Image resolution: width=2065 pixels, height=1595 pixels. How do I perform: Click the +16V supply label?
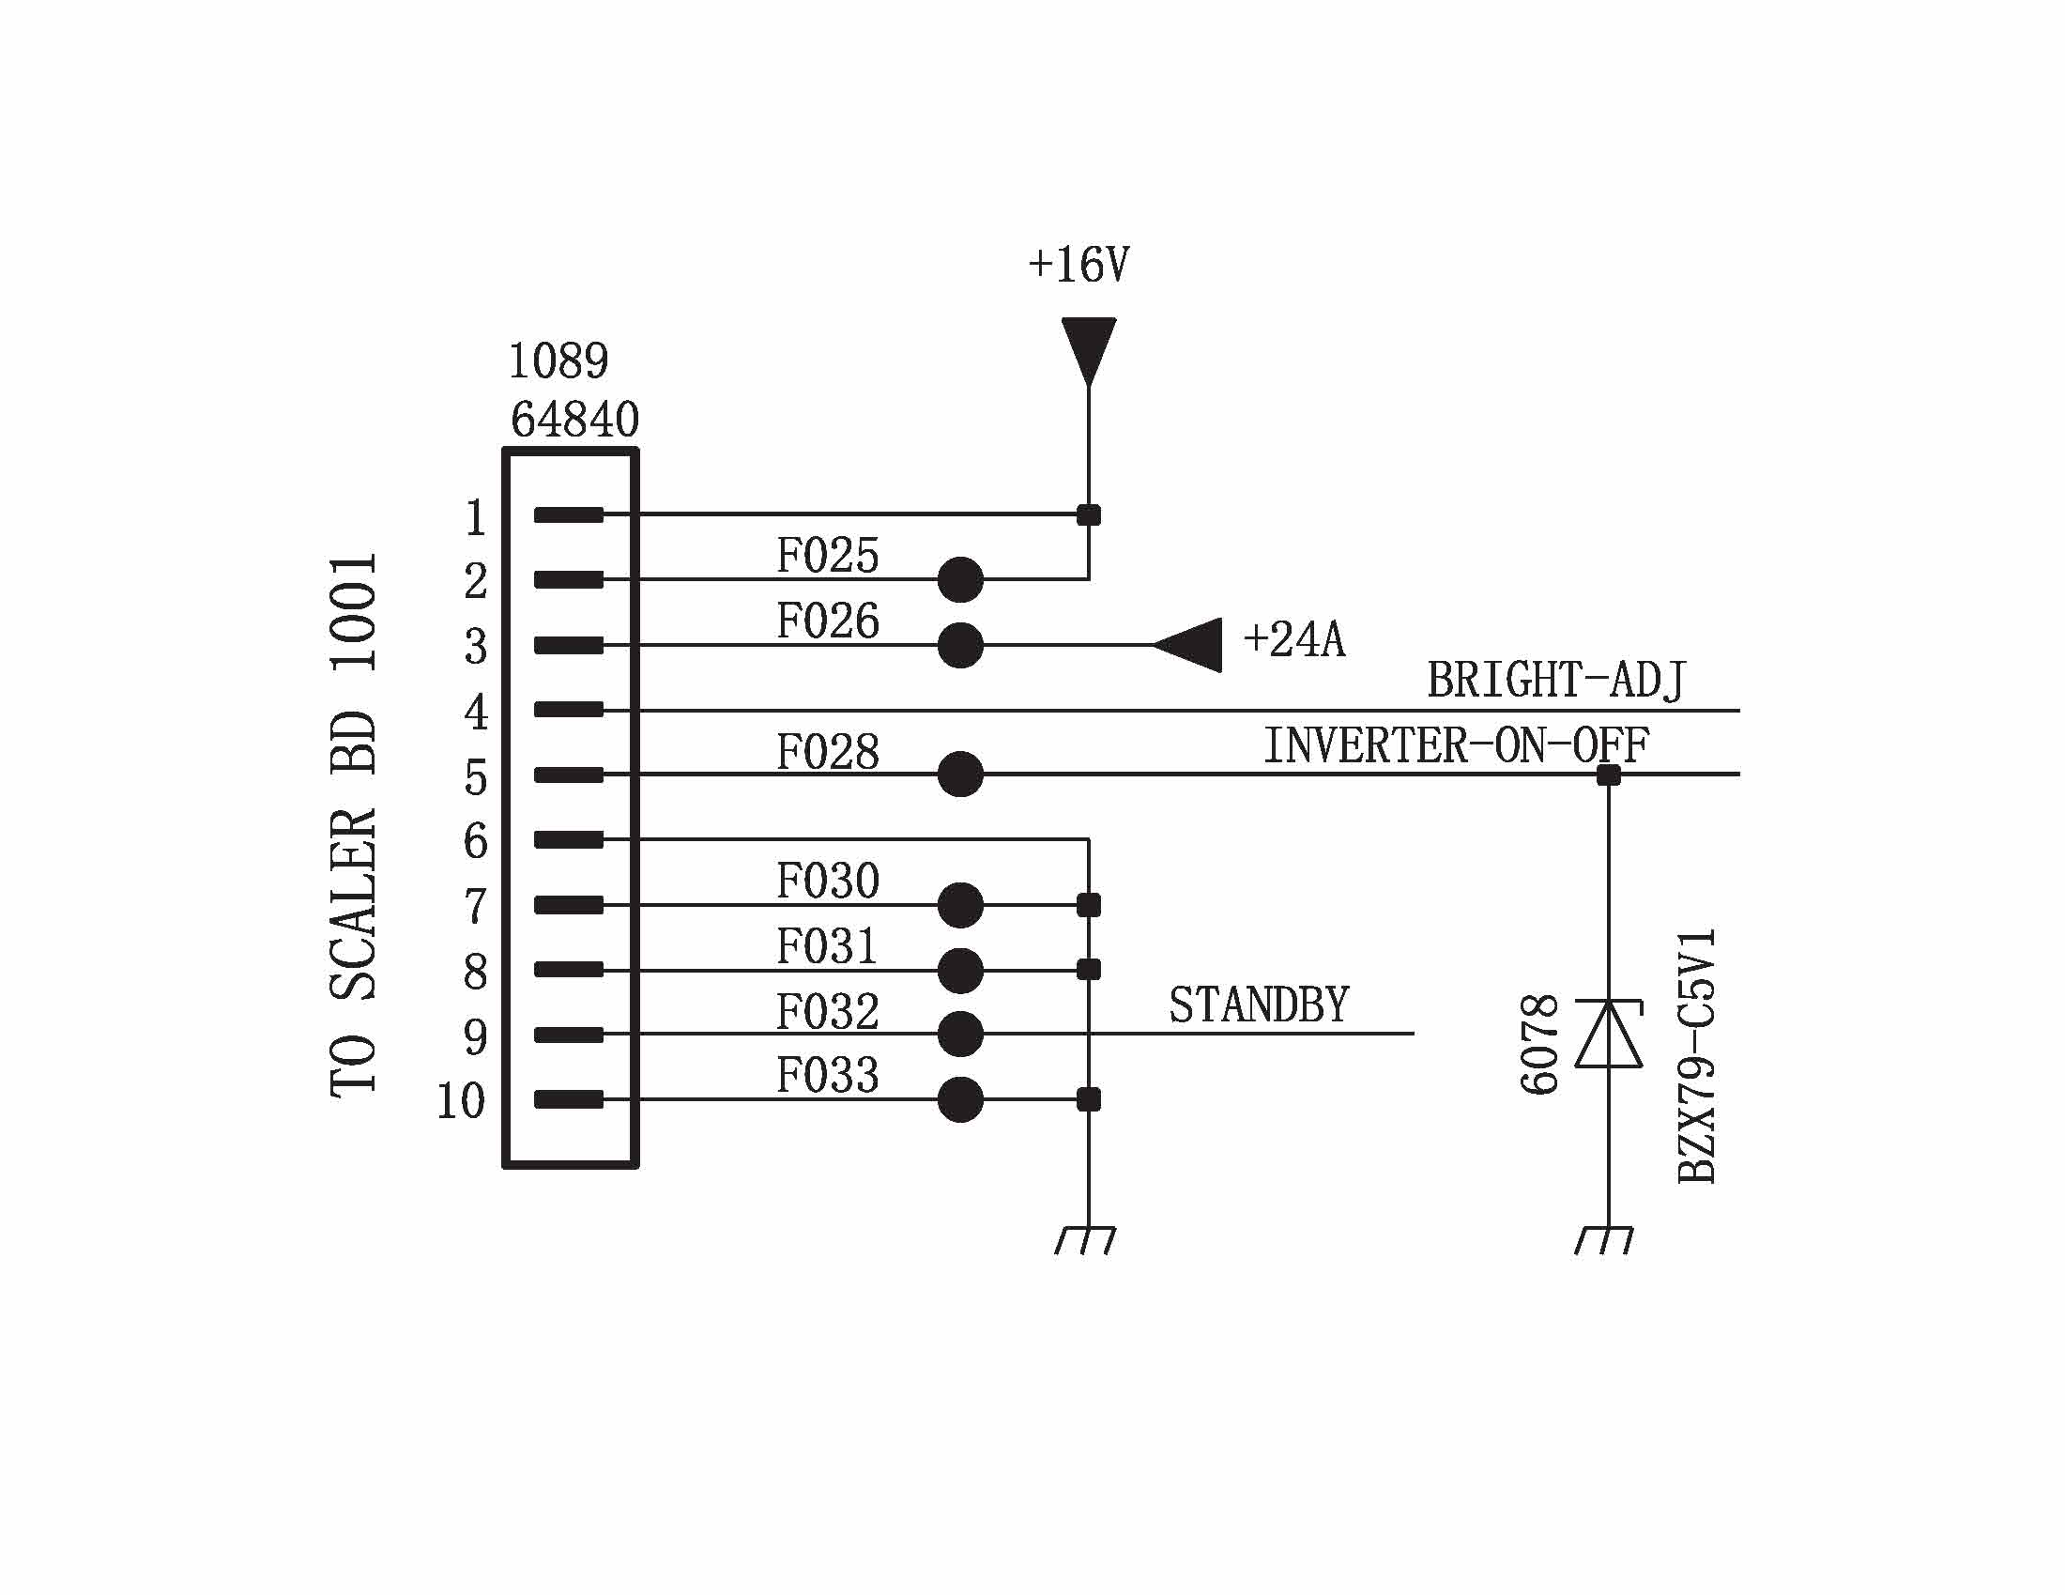1078,265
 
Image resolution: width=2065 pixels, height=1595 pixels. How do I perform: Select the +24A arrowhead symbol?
1189,645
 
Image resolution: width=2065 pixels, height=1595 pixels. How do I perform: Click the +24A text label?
1293,640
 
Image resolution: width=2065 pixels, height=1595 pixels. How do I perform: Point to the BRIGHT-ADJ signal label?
1555,680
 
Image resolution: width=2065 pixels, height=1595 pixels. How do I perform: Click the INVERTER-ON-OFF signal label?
1456,745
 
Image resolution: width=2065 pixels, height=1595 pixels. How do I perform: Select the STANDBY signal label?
1259,1005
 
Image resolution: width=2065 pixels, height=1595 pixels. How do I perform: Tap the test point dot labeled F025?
960,579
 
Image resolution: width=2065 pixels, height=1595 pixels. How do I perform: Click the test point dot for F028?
960,774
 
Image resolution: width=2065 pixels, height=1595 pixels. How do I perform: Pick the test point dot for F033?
960,1099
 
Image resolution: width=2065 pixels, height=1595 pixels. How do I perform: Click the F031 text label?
827,946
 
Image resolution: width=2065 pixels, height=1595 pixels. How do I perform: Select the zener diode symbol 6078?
1607,1034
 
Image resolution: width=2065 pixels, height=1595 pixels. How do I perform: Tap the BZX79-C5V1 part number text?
1696,1056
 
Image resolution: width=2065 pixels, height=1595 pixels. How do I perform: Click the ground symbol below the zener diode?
1604,1239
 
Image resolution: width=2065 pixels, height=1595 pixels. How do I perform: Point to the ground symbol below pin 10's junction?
1085,1239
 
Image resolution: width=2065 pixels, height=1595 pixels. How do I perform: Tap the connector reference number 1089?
558,360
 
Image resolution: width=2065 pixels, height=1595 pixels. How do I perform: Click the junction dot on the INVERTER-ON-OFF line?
1608,775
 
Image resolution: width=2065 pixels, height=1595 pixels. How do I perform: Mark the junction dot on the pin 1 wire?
1088,515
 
